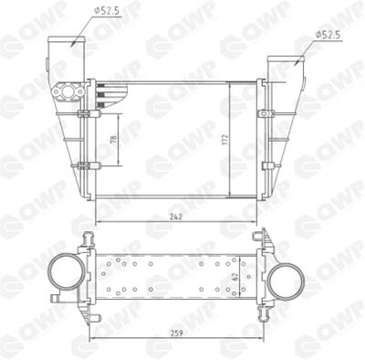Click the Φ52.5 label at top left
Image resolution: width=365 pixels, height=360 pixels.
(x=108, y=11)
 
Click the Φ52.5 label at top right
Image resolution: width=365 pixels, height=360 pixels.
(x=328, y=35)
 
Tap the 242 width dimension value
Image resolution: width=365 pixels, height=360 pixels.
(x=176, y=217)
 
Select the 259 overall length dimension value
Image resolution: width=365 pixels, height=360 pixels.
(x=176, y=333)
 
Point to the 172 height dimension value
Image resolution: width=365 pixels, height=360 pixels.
(x=224, y=139)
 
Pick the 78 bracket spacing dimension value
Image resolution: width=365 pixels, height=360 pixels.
(x=113, y=140)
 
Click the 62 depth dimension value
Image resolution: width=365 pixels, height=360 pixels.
(x=235, y=277)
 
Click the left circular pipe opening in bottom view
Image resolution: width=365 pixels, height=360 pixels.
(x=67, y=272)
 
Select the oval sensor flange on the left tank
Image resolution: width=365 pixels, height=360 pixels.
(x=68, y=91)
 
